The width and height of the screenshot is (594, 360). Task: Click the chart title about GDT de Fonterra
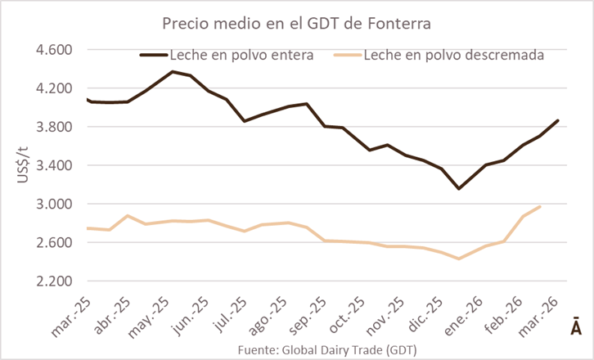[x=296, y=25]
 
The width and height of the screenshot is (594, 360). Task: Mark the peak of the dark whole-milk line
[x=172, y=71]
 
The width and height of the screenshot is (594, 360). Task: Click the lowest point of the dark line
[x=459, y=189]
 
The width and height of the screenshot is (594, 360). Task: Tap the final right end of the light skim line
[x=540, y=207]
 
